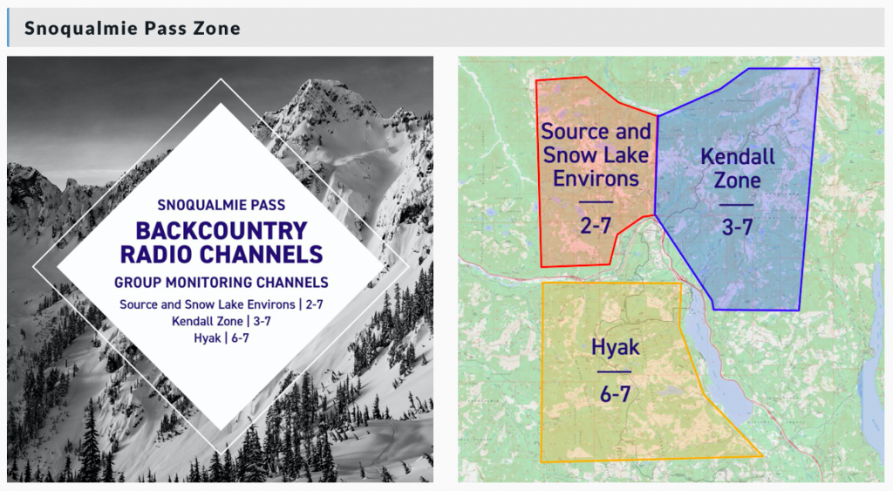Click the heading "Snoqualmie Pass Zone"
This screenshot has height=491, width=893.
coord(133,28)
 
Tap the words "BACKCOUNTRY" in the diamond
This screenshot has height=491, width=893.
coord(222,231)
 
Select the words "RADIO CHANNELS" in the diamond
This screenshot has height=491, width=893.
coord(222,254)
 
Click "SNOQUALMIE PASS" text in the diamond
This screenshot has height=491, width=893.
coord(222,205)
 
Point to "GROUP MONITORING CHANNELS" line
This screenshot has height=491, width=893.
coord(222,283)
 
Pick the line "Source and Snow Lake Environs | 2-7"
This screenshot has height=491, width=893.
coord(222,304)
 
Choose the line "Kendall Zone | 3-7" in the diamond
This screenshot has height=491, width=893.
coord(222,321)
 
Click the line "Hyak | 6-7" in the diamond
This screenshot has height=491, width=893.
coord(222,338)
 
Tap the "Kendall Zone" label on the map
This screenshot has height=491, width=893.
coord(738,168)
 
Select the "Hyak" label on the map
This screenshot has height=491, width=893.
coord(616,347)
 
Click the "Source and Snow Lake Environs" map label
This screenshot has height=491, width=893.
coord(596,155)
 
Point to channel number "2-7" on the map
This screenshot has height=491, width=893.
coord(596,226)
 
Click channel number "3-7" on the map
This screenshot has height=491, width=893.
coord(738,228)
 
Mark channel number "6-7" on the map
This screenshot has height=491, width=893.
coord(615,393)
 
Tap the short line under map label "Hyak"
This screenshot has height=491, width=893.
coord(615,372)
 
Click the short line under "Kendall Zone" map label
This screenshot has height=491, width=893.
coord(736,205)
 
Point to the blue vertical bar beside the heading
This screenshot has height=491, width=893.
coord(8,27)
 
